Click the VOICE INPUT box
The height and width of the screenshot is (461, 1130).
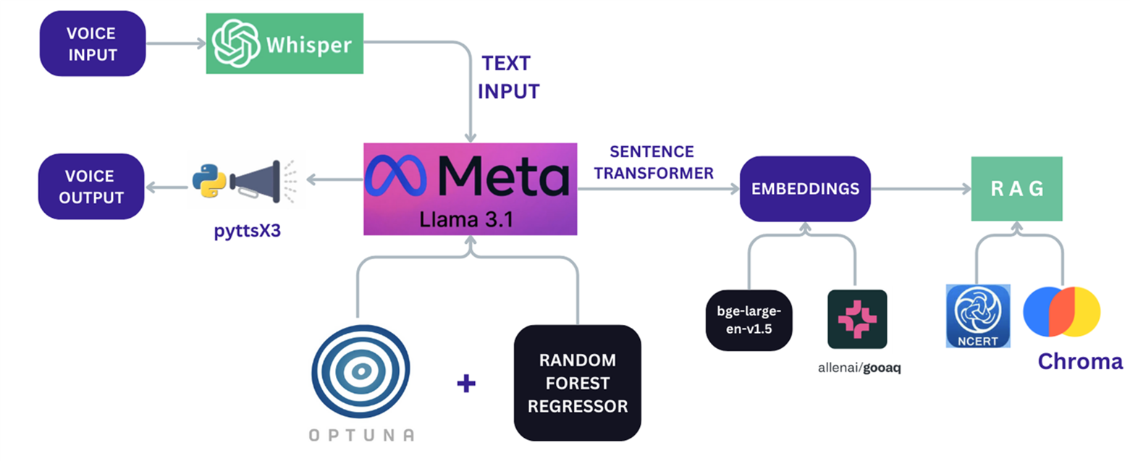(x=92, y=44)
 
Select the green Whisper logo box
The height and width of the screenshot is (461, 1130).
(x=284, y=43)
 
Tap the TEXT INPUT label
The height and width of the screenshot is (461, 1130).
(x=507, y=77)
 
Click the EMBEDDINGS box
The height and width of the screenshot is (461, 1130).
(x=804, y=189)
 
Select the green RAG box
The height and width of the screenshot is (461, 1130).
(x=1016, y=189)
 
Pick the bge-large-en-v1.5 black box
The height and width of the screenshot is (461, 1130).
(x=749, y=319)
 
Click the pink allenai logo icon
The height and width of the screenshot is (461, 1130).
(x=856, y=319)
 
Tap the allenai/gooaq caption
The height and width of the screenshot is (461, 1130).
(x=859, y=368)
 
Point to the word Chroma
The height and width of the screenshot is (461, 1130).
(x=1079, y=361)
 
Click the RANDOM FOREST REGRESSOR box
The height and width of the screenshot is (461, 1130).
(x=577, y=383)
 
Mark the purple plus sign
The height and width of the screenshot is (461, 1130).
(x=467, y=383)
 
